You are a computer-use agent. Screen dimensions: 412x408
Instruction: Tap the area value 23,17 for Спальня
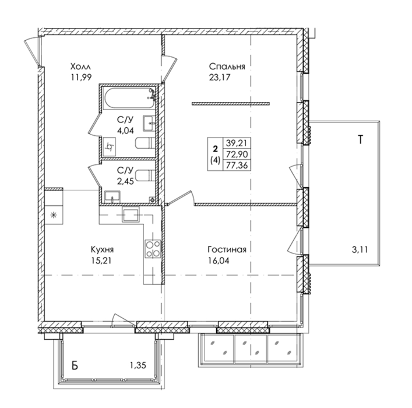(x=219, y=78)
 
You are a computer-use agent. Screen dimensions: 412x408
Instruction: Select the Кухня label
(x=102, y=249)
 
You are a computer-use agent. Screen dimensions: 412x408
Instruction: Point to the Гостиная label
(x=227, y=249)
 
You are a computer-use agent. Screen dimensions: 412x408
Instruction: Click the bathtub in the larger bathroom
(x=129, y=99)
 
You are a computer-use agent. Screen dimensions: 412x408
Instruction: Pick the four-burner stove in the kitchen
(x=153, y=249)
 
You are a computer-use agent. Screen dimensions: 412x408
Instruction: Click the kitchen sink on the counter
(x=131, y=214)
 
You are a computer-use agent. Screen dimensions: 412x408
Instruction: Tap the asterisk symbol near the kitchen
(x=54, y=216)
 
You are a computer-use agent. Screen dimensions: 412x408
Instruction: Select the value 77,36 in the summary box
(x=237, y=166)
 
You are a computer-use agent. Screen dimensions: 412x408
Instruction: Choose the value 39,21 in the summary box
(x=237, y=143)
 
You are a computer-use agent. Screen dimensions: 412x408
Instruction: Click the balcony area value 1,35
(x=138, y=365)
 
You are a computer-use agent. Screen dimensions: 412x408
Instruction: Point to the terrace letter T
(x=361, y=139)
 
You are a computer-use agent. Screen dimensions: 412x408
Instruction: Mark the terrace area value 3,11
(x=360, y=249)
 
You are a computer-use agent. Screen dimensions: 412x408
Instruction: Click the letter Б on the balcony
(x=75, y=365)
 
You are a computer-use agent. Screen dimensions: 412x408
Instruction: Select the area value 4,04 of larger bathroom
(x=125, y=131)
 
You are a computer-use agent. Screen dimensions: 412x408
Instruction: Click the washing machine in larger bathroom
(x=110, y=147)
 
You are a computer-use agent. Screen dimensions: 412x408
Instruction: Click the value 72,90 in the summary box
(x=237, y=154)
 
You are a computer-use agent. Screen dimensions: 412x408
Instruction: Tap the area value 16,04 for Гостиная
(x=219, y=261)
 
